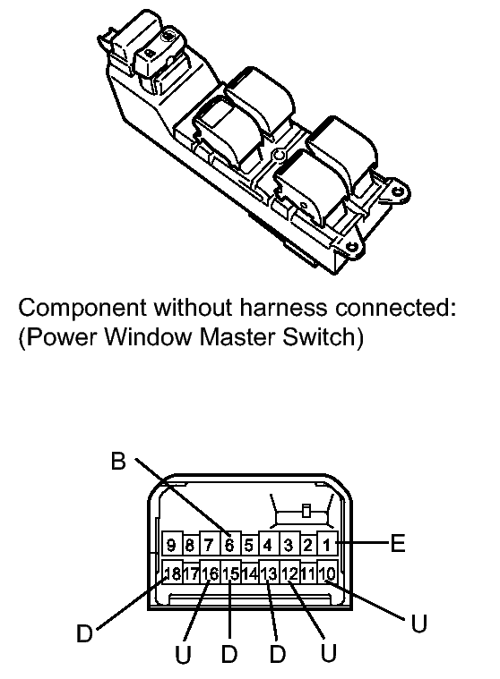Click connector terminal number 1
click(x=327, y=544)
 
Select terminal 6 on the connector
click(x=229, y=544)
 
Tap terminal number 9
click(x=171, y=544)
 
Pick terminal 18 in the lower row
click(x=172, y=573)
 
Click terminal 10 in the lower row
click(x=327, y=573)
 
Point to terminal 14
click(x=249, y=573)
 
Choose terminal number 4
click(x=268, y=544)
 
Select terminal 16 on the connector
click(x=211, y=573)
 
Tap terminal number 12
click(x=289, y=573)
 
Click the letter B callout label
click(x=118, y=461)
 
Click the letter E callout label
click(x=398, y=543)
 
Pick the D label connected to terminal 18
click(x=84, y=633)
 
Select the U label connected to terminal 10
click(x=419, y=624)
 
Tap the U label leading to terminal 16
click(x=183, y=654)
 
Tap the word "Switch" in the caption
click(x=319, y=337)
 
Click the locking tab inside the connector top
click(x=306, y=511)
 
